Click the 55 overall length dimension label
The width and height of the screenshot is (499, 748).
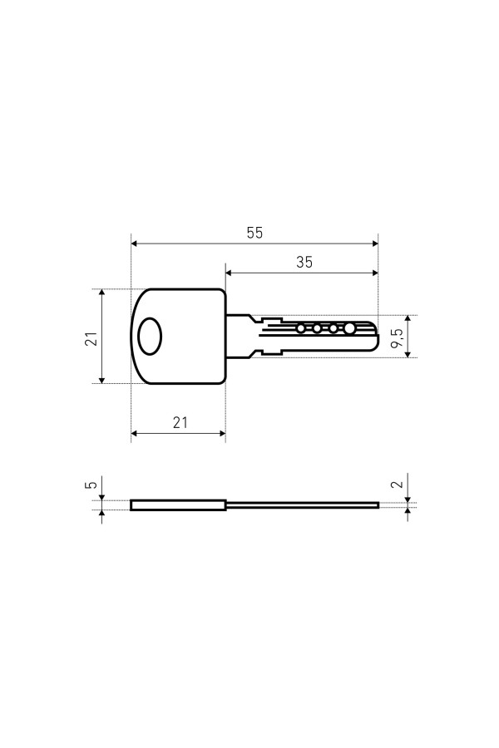(x=254, y=233)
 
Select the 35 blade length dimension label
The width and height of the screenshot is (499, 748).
(x=304, y=262)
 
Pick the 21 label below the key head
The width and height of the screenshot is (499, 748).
(x=180, y=422)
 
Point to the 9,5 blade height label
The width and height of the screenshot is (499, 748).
(x=397, y=337)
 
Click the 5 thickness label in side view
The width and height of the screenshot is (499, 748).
(x=91, y=485)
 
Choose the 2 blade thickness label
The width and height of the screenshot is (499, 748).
(x=397, y=485)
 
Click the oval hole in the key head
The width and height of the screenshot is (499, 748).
(x=150, y=337)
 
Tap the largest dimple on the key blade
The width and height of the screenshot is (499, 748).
(x=349, y=328)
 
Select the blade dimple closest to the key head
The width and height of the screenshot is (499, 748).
(x=301, y=328)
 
